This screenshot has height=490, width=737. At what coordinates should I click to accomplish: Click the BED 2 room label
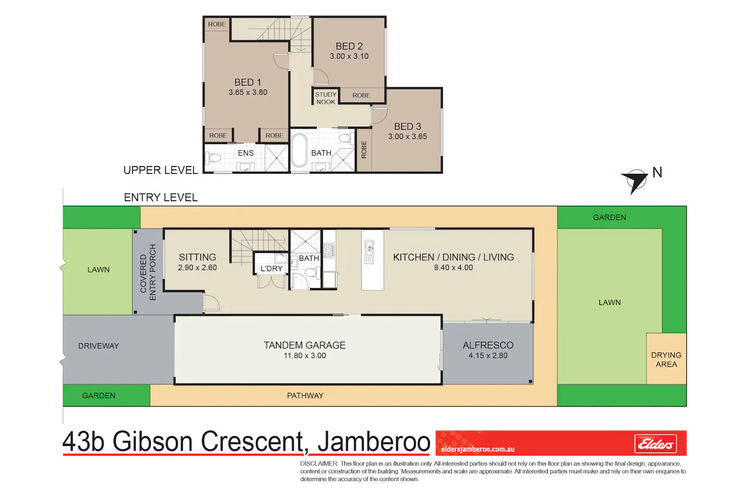pos(349,46)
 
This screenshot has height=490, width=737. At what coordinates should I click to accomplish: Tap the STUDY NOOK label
pos(326,98)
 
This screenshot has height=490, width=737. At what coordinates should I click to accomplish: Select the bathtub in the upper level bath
pos(299,150)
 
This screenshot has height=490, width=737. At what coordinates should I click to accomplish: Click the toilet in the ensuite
pos(213,158)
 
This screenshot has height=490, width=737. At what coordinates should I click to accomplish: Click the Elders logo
pos(655,444)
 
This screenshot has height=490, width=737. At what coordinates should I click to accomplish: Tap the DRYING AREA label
pos(666,359)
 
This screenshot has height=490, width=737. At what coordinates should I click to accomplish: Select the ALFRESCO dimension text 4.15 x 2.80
pos(488,355)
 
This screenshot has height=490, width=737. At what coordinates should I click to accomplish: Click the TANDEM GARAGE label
pos(305,345)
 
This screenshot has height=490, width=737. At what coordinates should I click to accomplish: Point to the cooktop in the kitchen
pos(329,250)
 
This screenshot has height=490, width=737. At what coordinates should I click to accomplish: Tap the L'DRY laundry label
pos(271,269)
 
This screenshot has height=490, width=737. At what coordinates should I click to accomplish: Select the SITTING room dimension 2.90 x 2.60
pos(198,268)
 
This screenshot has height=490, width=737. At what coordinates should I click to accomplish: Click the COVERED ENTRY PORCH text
pos(148,272)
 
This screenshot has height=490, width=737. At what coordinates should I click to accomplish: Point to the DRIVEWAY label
pos(98,346)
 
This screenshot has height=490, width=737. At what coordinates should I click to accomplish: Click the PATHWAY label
pos(305,395)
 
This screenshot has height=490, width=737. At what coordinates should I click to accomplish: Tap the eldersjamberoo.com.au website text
pos(478,449)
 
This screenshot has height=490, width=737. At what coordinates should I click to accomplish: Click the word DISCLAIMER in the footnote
pos(319,463)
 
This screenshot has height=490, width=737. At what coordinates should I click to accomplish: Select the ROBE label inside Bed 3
pos(364,150)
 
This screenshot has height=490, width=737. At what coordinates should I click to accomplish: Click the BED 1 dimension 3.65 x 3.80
pos(248,92)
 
